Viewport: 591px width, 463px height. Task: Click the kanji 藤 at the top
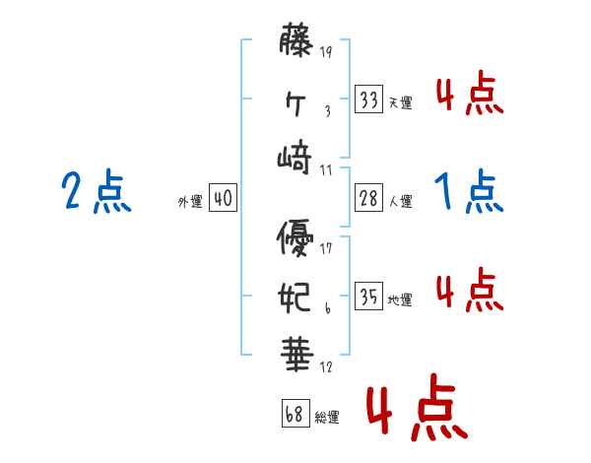(296, 43)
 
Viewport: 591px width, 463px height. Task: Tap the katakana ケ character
(295, 100)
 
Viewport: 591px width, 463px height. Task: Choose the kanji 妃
(295, 297)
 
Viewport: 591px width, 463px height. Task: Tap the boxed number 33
(369, 99)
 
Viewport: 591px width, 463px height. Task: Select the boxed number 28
(369, 198)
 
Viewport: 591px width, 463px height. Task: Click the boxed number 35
(369, 297)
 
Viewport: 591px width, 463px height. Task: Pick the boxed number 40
(223, 199)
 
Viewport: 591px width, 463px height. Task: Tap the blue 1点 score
(469, 191)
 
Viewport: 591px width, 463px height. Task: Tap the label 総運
(328, 418)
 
